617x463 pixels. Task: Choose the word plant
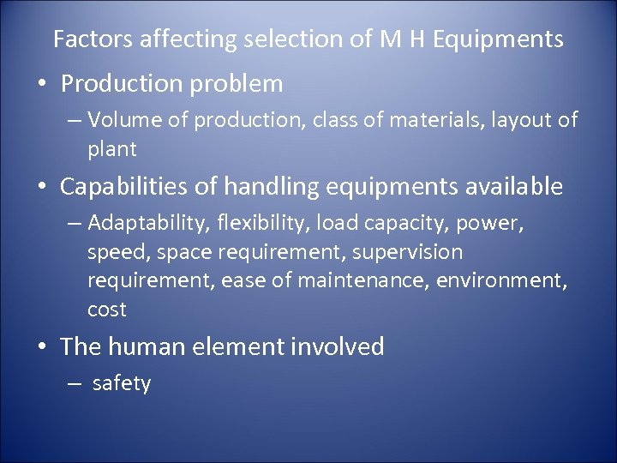(x=112, y=149)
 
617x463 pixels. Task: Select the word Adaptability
(x=147, y=224)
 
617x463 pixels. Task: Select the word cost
(x=106, y=309)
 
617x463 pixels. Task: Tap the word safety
(x=121, y=383)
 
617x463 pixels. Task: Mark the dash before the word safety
(x=75, y=384)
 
